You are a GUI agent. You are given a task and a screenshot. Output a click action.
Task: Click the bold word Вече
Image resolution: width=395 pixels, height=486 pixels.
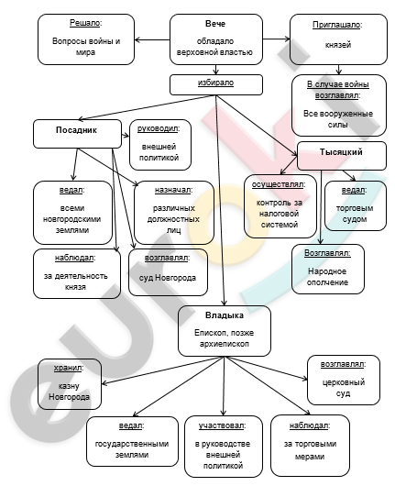click(x=215, y=24)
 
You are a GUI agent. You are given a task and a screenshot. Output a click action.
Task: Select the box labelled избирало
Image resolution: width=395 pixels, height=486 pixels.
click(x=216, y=84)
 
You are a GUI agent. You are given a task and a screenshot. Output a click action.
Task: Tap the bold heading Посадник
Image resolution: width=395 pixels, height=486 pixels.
click(x=76, y=130)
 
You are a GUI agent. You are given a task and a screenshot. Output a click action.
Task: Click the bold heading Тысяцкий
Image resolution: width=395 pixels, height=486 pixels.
click(x=341, y=152)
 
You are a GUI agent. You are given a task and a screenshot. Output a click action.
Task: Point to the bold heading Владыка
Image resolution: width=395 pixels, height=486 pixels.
click(x=225, y=315)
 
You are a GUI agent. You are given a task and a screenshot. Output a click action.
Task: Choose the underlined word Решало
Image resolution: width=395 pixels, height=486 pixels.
click(x=86, y=23)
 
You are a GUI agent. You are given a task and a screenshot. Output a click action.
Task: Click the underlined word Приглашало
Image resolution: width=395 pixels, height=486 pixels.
click(x=337, y=25)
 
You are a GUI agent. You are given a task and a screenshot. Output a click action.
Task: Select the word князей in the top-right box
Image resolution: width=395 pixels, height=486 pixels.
click(x=338, y=45)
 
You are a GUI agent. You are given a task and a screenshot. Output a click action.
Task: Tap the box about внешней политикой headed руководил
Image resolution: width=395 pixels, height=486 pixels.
click(x=160, y=145)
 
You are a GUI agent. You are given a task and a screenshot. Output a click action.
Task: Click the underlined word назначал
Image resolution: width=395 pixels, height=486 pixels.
click(x=173, y=190)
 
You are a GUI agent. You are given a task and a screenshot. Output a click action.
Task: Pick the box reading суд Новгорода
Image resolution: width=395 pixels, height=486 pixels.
click(x=168, y=272)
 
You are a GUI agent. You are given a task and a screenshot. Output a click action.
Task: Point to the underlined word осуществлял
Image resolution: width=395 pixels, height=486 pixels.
click(x=279, y=184)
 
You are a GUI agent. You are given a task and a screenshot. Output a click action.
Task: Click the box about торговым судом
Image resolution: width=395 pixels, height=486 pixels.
click(x=355, y=205)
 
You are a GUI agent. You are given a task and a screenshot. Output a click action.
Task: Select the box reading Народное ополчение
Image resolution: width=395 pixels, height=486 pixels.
click(x=328, y=269)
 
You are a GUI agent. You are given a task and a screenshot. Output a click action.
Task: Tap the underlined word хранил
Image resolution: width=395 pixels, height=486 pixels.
click(x=69, y=368)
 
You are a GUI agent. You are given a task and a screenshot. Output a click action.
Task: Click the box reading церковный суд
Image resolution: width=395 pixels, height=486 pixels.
click(x=344, y=380)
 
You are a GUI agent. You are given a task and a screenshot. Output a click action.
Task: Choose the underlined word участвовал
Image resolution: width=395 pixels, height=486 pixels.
click(x=222, y=425)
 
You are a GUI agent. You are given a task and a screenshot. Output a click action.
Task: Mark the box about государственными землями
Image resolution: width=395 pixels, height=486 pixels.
click(x=132, y=441)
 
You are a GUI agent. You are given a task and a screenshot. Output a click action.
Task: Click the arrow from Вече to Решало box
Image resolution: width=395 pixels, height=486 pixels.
click(x=152, y=39)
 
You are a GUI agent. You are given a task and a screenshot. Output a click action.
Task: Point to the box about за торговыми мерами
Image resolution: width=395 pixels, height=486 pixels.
click(x=310, y=445)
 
